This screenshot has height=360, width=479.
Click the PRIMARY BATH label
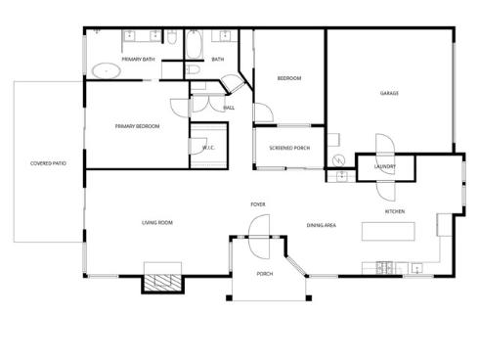point(138,60)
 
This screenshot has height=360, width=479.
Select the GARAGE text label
point(389,93)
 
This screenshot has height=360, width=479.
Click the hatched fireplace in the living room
point(162,282)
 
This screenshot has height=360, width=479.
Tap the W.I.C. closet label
point(208,148)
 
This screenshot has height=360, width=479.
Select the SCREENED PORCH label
point(288,149)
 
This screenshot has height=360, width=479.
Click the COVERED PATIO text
point(48,163)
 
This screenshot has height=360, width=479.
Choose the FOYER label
point(258,204)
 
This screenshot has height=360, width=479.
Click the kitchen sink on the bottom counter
point(415,266)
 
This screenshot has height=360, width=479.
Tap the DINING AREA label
point(322,226)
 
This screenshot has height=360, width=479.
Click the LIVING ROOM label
point(157,223)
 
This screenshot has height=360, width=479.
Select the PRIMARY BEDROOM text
point(137,126)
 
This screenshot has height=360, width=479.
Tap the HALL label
point(229,108)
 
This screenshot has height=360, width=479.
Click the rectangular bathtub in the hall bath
point(193,46)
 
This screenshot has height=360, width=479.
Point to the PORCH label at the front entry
point(264,274)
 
